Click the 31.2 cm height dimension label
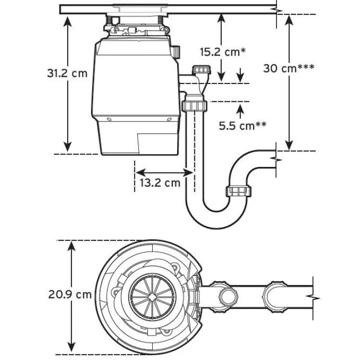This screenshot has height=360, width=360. (x=67, y=73)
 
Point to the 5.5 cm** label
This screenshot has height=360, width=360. (x=243, y=126)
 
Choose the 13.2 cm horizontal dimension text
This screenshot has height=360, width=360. (x=160, y=183)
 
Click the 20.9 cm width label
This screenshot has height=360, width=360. (x=70, y=294)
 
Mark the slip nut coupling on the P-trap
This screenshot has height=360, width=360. (x=239, y=191)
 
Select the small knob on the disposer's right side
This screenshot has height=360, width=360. (x=177, y=50)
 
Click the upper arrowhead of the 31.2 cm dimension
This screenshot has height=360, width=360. (x=68, y=20)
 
